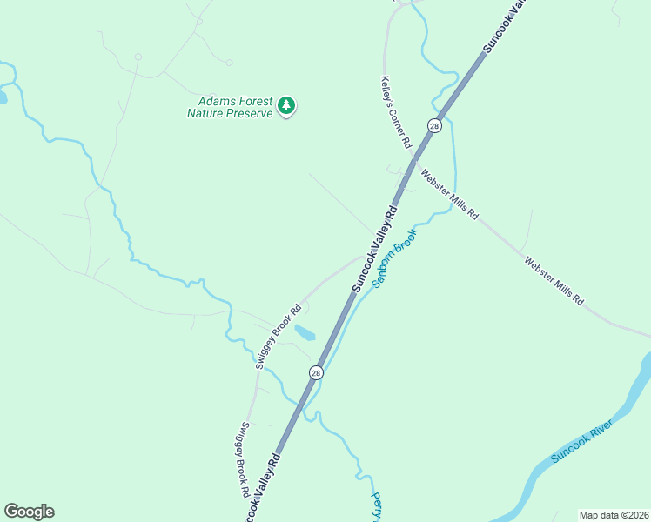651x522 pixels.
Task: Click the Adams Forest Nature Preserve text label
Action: tap(230, 107)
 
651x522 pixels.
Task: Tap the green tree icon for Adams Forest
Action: tap(286, 106)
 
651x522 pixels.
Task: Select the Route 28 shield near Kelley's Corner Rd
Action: tap(434, 126)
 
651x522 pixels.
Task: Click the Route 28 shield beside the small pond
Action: tap(316, 372)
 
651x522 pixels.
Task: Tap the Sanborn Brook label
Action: tap(395, 258)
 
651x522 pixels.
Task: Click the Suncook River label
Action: tap(582, 441)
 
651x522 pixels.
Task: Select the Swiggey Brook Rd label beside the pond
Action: tap(279, 337)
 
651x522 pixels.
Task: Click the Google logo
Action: tap(29, 512)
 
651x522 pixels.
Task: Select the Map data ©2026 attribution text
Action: tap(614, 514)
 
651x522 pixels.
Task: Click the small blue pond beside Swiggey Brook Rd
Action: tap(304, 332)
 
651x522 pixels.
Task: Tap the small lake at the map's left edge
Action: tap(3, 96)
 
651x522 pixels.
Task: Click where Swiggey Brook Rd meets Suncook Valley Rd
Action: tap(364, 257)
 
